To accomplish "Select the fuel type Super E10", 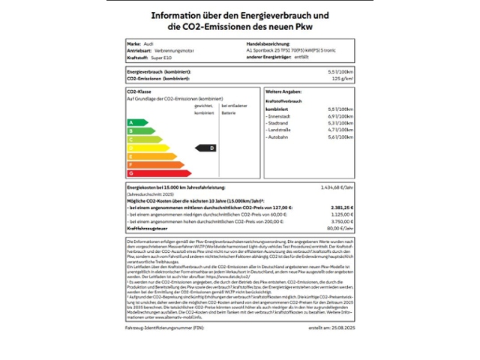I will [x=163, y=57].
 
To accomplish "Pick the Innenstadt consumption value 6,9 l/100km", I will [x=340, y=116].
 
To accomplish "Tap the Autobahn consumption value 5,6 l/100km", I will [x=340, y=136].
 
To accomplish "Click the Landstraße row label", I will [x=280, y=130].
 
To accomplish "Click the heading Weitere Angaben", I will [x=283, y=91].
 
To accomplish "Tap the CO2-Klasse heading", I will [x=140, y=91].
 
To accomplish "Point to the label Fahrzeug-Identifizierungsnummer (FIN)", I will [x=162, y=328].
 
